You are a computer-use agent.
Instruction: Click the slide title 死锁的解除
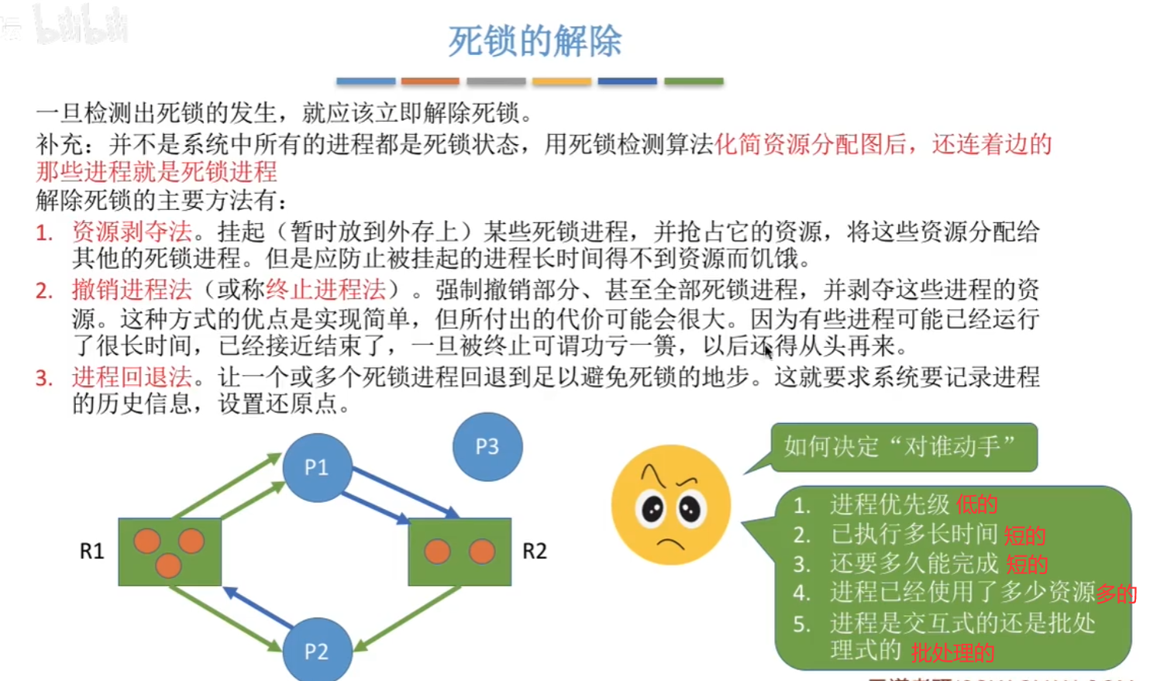tap(535, 41)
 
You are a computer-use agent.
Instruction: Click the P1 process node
tap(317, 467)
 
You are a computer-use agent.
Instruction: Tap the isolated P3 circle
tap(487, 446)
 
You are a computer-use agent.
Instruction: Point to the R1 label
tap(91, 551)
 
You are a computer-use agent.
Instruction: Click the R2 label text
tap(535, 551)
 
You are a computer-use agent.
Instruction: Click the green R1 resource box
tap(170, 552)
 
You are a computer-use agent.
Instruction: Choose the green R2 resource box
tap(460, 552)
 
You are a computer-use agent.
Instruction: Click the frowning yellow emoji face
tap(670, 505)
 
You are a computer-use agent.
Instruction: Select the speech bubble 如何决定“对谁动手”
tap(903, 446)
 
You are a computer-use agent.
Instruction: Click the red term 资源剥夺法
tap(132, 231)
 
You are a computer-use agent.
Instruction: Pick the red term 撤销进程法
tap(132, 290)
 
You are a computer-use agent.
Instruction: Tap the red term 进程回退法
tap(132, 377)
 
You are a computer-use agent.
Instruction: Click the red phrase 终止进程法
tap(325, 290)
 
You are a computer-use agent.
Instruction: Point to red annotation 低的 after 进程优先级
tap(976, 505)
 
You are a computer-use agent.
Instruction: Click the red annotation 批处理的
tap(952, 653)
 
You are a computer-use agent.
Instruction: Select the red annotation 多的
tap(1116, 594)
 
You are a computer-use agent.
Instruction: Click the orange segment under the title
tap(430, 81)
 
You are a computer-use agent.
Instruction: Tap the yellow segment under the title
tap(562, 81)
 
